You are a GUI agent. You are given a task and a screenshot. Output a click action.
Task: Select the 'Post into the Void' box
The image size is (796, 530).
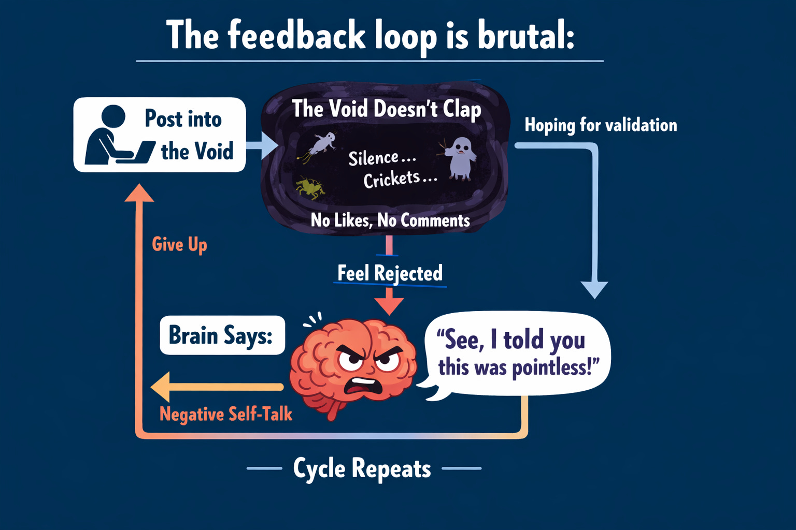160,135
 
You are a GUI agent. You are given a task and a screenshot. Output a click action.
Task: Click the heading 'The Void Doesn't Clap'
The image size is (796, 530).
387,109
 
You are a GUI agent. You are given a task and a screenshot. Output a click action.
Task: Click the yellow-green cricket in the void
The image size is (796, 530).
310,188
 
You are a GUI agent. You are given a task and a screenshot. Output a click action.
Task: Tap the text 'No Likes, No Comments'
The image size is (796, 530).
390,220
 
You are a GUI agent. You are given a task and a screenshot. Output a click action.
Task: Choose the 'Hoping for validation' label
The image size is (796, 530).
601,125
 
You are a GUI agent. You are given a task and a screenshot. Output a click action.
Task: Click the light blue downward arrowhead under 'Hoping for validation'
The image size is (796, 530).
594,289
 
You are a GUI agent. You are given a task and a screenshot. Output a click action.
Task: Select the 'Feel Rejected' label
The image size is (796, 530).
390,273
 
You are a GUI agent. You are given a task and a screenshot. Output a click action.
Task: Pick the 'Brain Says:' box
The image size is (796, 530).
222,335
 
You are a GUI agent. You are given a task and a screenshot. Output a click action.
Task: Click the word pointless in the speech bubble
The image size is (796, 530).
552,368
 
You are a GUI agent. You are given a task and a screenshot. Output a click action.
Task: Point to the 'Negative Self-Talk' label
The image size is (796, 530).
225,414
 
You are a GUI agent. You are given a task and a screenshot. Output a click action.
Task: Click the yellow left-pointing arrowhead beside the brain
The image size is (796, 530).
161,387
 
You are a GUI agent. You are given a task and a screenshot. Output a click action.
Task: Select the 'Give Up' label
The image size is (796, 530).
179,244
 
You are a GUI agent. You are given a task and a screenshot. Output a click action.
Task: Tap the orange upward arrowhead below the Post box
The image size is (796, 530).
139,193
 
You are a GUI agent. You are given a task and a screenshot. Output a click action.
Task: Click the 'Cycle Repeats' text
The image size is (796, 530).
362,469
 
